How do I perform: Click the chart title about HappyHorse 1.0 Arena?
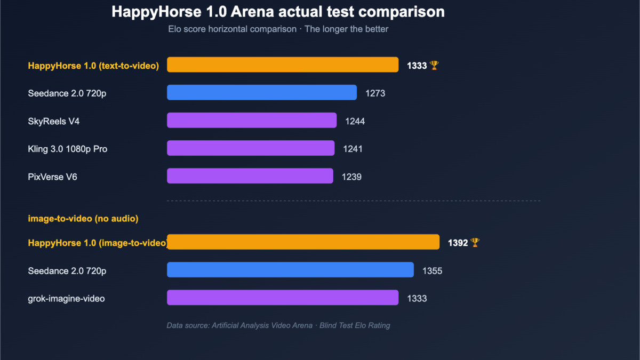tap(278, 12)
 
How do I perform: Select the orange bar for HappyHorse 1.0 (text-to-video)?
tap(283, 65)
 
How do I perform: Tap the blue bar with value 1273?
tap(262, 92)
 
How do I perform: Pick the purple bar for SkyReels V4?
tap(252, 120)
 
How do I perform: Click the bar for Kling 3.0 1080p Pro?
tap(251, 148)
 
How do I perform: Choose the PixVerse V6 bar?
tap(250, 175)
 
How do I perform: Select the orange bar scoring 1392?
tap(303, 242)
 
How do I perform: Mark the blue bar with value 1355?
tap(290, 270)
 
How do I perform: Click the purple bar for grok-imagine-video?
tap(283, 298)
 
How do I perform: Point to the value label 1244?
tap(355, 121)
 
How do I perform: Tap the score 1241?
tap(353, 149)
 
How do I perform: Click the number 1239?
tap(351, 177)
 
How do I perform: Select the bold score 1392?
tap(458, 243)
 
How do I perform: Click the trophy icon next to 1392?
tap(475, 243)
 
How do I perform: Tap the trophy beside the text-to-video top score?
tap(434, 65)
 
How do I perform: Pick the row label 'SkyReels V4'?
tap(54, 121)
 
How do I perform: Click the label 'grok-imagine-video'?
tap(66, 299)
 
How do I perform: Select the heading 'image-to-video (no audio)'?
tap(83, 218)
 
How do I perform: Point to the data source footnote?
tap(278, 325)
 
